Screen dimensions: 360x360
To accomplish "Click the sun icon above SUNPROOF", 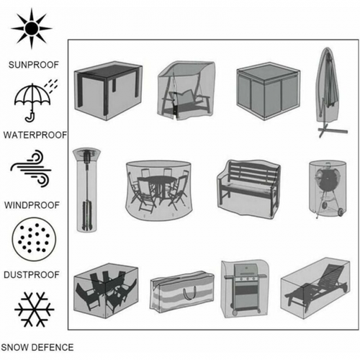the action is (x=32, y=28).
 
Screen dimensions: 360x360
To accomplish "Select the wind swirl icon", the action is (x=31, y=168).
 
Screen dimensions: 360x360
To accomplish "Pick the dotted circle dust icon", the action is (x=34, y=239).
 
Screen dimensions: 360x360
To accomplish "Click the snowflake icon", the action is (x=35, y=310).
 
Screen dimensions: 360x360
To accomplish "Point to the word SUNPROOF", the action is (x=34, y=65).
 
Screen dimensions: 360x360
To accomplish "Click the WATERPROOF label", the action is (x=35, y=135).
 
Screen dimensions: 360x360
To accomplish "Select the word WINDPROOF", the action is (x=32, y=205).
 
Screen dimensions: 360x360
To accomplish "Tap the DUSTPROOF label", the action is (x=32, y=275).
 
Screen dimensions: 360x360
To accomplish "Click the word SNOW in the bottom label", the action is (x=14, y=348).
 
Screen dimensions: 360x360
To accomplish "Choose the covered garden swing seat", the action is (x=186, y=91).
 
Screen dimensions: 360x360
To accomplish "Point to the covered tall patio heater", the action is (x=86, y=190).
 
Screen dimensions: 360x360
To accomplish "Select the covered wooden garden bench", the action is (x=248, y=189).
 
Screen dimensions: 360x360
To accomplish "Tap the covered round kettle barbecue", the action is (x=328, y=189).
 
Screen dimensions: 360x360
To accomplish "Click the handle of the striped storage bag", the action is (x=190, y=293).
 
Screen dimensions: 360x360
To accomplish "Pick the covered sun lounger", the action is (x=315, y=289).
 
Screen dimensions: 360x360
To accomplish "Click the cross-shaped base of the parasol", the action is (x=333, y=130).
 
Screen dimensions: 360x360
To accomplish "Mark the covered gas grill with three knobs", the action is (x=245, y=289).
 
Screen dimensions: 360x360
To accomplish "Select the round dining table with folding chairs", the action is (x=159, y=191).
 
